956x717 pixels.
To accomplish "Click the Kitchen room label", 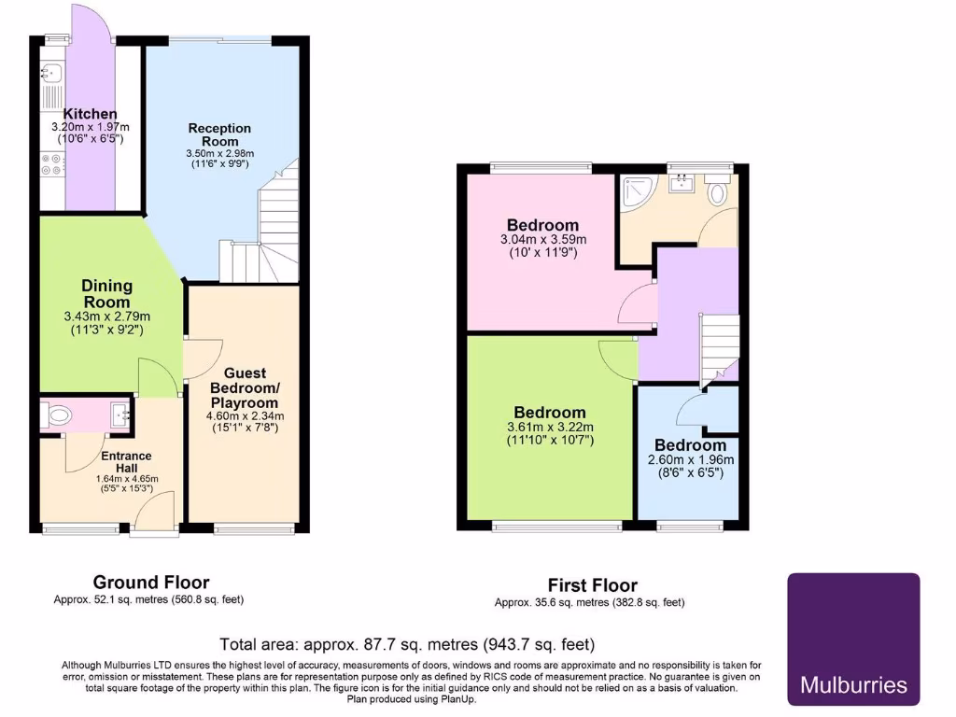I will click(x=90, y=114).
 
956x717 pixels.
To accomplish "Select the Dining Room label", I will click(x=106, y=293).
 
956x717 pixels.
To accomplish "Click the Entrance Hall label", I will click(x=126, y=461).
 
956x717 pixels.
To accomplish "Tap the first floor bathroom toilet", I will click(x=718, y=194).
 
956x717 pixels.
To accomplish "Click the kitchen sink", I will click(x=49, y=72).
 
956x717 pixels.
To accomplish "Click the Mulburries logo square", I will click(x=853, y=639).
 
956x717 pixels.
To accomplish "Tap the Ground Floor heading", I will click(x=151, y=583).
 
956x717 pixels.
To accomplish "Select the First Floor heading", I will click(x=592, y=586).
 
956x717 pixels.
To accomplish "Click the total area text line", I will click(x=407, y=644).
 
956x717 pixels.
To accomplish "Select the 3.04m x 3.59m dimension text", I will click(x=542, y=239).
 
